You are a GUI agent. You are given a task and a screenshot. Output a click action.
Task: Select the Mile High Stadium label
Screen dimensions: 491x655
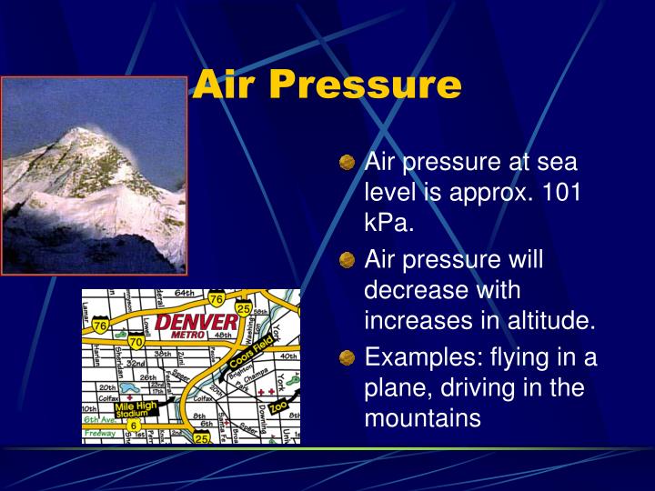tap(134, 412)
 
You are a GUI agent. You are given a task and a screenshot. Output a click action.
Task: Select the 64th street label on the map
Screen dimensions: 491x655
tap(185, 294)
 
